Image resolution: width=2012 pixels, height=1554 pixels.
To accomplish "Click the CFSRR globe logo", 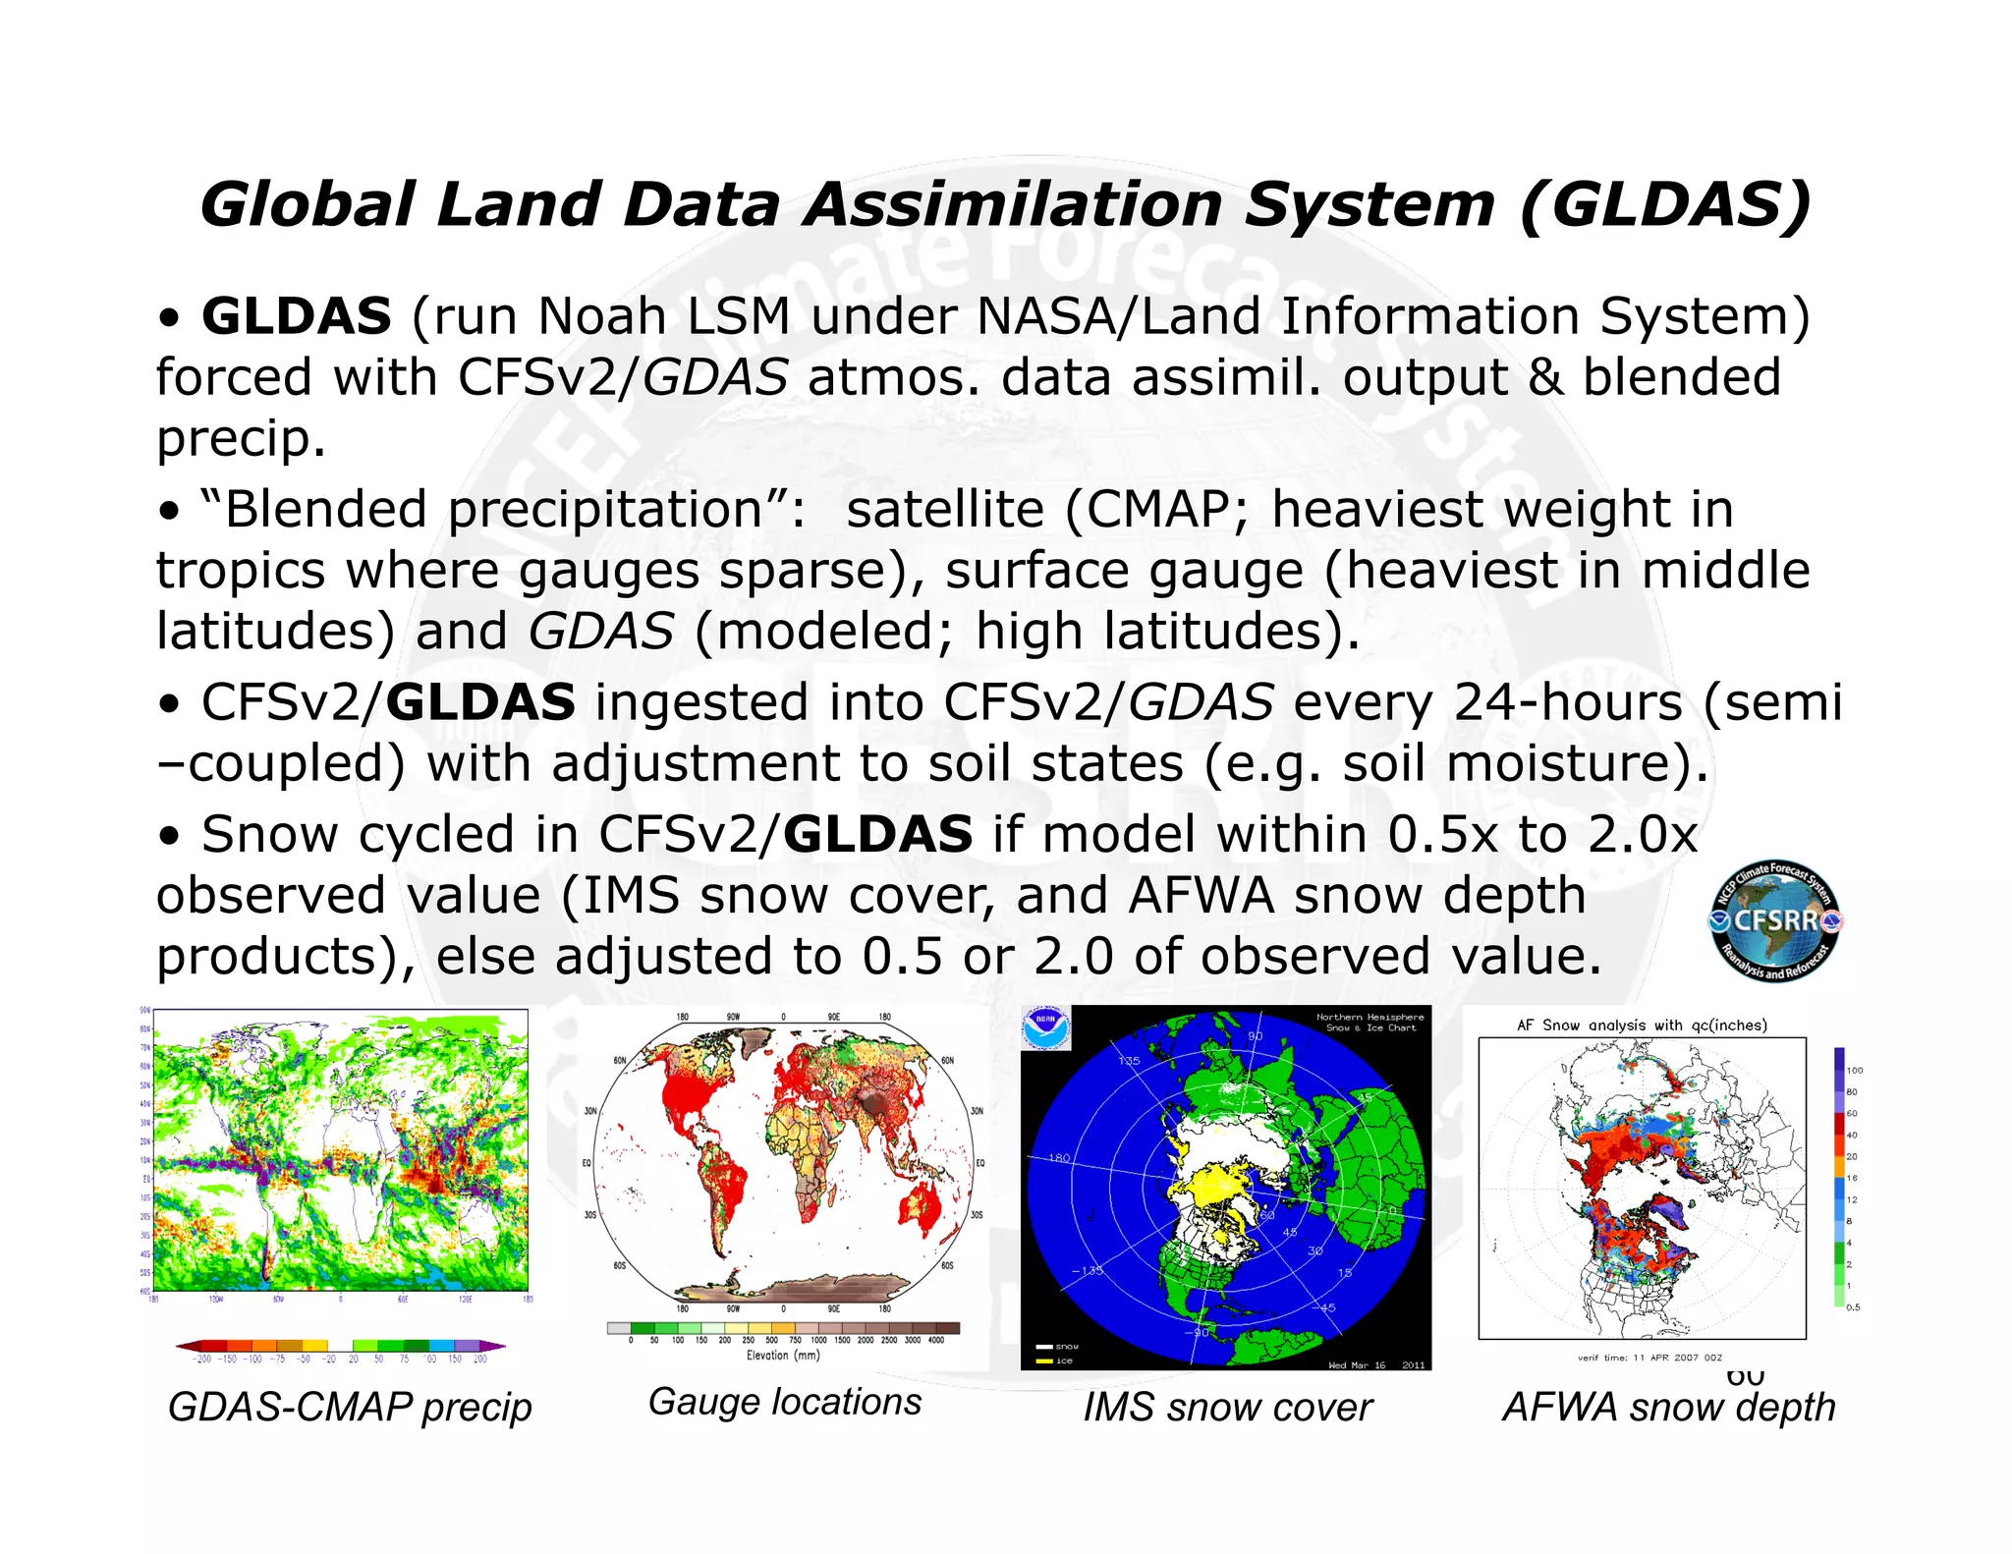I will pyautogui.click(x=1775, y=920).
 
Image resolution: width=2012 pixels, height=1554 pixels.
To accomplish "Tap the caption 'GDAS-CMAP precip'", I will pyautogui.click(x=350, y=1407).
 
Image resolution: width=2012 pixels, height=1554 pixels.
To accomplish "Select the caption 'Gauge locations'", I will pyautogui.click(x=784, y=1402).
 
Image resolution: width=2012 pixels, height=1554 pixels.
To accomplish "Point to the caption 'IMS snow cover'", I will pyautogui.click(x=1227, y=1408).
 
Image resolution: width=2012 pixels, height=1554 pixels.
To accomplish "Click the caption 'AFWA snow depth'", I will pyautogui.click(x=1668, y=1408).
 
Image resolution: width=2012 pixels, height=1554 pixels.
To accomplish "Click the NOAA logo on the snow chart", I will pyautogui.click(x=1044, y=1028).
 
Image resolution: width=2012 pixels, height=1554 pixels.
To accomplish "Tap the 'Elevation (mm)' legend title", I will pyautogui.click(x=783, y=1356).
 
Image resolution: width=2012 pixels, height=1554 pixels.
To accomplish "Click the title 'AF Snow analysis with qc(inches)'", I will pyautogui.click(x=1642, y=1026).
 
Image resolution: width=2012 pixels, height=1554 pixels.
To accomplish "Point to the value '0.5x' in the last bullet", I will pyautogui.click(x=1443, y=835).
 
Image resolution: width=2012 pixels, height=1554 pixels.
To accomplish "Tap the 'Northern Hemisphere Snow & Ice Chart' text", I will pyautogui.click(x=1369, y=1023).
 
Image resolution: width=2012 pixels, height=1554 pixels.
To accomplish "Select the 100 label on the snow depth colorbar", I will pyautogui.click(x=1854, y=1071).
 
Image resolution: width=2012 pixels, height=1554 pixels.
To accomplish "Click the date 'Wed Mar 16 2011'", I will pyautogui.click(x=1375, y=1365).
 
